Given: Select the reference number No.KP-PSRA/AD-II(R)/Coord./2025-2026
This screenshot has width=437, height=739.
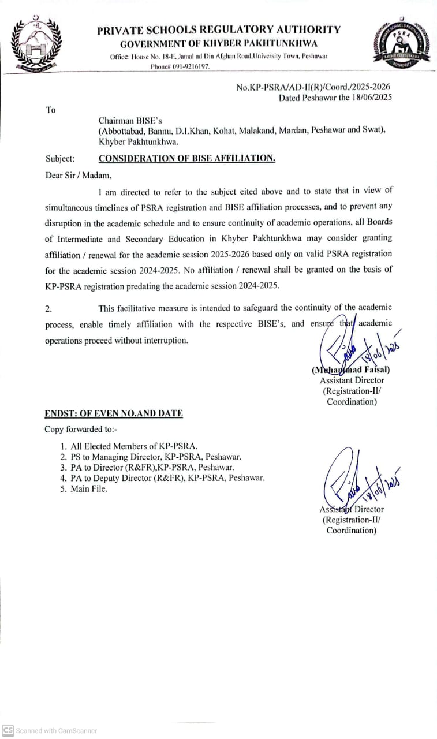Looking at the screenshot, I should click(317, 87).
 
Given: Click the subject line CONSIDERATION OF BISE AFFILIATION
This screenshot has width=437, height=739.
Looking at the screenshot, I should click(187, 158).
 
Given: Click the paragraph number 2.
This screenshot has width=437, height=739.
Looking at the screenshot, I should click(48, 309).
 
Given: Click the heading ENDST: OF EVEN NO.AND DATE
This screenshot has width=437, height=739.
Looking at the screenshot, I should click(114, 413).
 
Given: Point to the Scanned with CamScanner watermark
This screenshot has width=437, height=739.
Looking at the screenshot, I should click(50, 730).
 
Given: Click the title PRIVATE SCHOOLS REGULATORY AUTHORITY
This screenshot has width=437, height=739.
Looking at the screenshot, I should click(219, 30).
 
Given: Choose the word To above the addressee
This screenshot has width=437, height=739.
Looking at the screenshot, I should click(51, 110).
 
